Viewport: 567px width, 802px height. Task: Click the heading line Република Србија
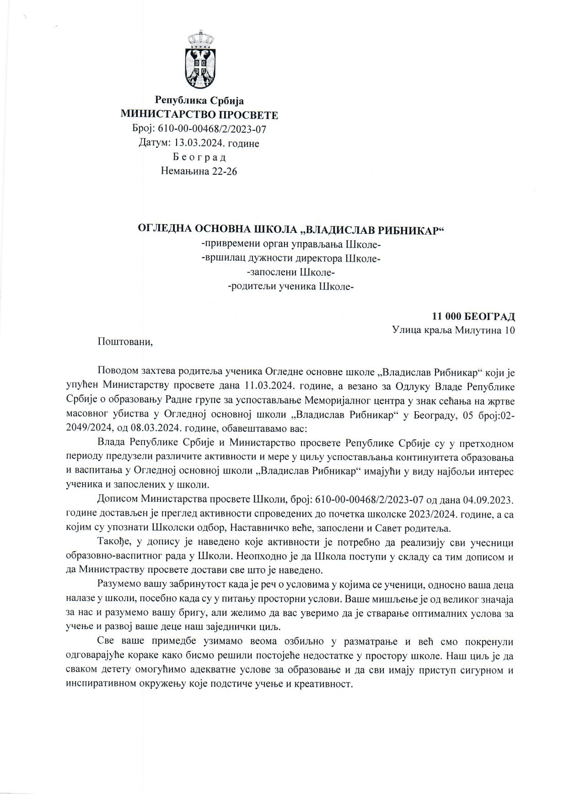point(199,101)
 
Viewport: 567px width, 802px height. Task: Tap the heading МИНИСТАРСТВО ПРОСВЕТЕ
point(199,115)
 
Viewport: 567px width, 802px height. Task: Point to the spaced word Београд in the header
point(199,157)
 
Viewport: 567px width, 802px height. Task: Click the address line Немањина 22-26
point(199,171)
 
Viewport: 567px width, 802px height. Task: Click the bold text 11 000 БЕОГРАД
point(473,316)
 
